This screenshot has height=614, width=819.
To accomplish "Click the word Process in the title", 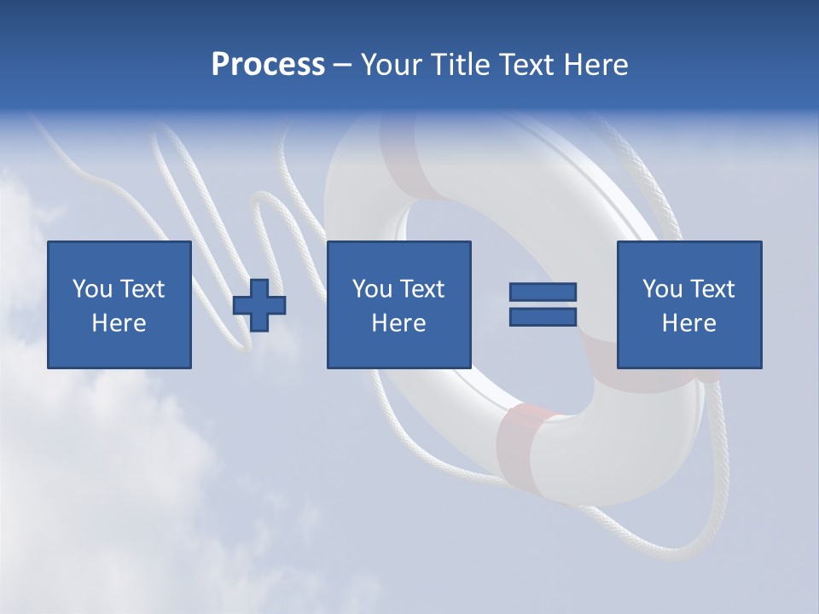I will click(x=268, y=65).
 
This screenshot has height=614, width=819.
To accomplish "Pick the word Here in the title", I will click(x=596, y=65).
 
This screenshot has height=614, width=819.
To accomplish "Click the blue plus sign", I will click(x=259, y=305).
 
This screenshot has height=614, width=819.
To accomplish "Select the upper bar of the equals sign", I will click(x=543, y=293).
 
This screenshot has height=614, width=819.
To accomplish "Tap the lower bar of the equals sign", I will click(x=543, y=317).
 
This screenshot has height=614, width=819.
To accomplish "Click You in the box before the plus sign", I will click(x=92, y=289).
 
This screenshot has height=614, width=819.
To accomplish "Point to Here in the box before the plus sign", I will click(x=119, y=323).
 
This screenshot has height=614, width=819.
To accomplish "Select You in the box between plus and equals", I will click(x=372, y=289).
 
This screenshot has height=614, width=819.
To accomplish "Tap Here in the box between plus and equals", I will click(x=398, y=323).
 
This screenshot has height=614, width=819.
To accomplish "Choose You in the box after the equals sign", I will click(x=662, y=289).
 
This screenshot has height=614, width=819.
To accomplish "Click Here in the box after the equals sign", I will click(x=688, y=323).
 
